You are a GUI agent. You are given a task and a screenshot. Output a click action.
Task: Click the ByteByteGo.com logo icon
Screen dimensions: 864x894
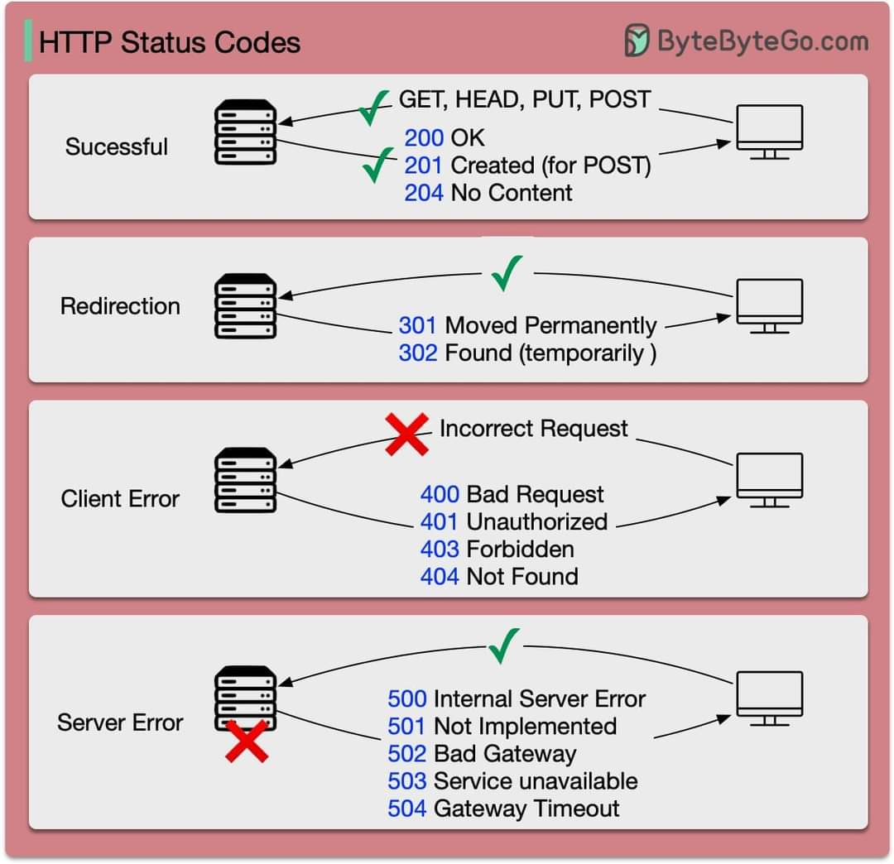(x=637, y=41)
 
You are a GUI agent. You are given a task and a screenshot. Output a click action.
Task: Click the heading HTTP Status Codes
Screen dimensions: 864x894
(x=170, y=42)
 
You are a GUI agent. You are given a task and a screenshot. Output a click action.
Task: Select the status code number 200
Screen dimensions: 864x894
(x=424, y=138)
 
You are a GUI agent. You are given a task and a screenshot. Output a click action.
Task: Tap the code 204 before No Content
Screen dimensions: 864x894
(x=424, y=193)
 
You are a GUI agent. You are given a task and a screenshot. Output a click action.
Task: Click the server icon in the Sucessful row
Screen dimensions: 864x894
(x=245, y=132)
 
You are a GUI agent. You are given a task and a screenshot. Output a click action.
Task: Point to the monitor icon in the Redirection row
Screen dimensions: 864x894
(x=770, y=305)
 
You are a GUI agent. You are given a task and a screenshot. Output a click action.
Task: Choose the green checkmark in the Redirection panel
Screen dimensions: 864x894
(x=507, y=273)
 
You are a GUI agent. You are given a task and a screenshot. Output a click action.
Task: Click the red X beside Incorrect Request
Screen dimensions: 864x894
(x=407, y=434)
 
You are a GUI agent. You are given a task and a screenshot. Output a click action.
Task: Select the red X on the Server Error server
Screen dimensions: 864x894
(x=247, y=741)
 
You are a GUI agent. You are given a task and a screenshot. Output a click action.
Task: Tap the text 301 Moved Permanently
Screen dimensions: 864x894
(x=527, y=325)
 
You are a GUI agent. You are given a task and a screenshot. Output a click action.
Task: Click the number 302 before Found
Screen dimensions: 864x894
(x=418, y=353)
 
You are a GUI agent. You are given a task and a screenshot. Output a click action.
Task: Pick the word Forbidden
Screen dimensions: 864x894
(x=520, y=550)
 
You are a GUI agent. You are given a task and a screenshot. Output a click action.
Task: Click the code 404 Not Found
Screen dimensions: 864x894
(x=499, y=577)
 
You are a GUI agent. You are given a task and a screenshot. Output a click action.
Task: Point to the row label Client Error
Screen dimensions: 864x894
(x=120, y=499)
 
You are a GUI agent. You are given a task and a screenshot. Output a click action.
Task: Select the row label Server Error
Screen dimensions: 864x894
(x=120, y=722)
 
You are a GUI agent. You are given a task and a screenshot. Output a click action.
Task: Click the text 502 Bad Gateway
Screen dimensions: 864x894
(x=482, y=754)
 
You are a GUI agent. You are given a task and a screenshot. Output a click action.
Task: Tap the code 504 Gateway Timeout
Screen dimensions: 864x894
(x=503, y=808)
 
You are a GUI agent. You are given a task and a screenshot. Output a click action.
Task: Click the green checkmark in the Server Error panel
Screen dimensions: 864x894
(x=503, y=646)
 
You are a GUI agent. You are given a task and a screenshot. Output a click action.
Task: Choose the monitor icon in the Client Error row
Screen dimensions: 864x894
(x=770, y=479)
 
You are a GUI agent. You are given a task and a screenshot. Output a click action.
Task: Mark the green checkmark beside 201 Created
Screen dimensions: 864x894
(x=377, y=165)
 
